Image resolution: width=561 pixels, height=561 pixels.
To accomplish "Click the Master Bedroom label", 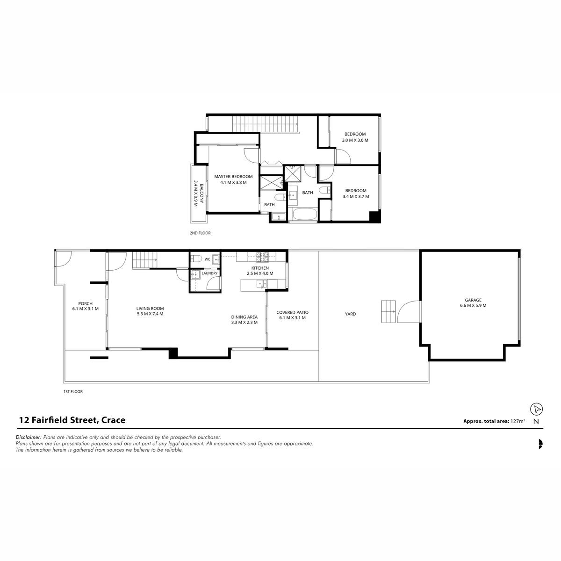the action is (233, 176).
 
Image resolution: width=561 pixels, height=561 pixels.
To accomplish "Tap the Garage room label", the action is (473, 300).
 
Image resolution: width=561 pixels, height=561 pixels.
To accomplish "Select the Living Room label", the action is (150, 308).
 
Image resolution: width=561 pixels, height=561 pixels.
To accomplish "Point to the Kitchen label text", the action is (260, 268).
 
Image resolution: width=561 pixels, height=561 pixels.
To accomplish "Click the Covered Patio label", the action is (292, 312).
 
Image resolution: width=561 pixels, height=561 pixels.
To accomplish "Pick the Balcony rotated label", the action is (202, 193).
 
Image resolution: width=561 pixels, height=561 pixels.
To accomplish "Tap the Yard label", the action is (350, 314).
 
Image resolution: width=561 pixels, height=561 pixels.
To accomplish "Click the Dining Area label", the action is (244, 317).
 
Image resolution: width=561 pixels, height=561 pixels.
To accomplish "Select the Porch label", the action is (85, 304).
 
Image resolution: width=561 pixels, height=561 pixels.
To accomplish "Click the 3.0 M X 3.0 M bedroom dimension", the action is (355, 140).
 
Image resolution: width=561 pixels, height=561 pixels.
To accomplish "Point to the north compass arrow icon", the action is (536, 410).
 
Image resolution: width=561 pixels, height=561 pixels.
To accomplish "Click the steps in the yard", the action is (388, 311).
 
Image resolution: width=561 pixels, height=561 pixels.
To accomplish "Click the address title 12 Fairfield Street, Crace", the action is (72, 420).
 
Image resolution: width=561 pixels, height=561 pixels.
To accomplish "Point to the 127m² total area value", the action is (518, 421).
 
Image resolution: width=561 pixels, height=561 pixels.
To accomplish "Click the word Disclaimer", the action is (28, 437).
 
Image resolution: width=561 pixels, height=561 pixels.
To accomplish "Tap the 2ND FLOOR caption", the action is (200, 233).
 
